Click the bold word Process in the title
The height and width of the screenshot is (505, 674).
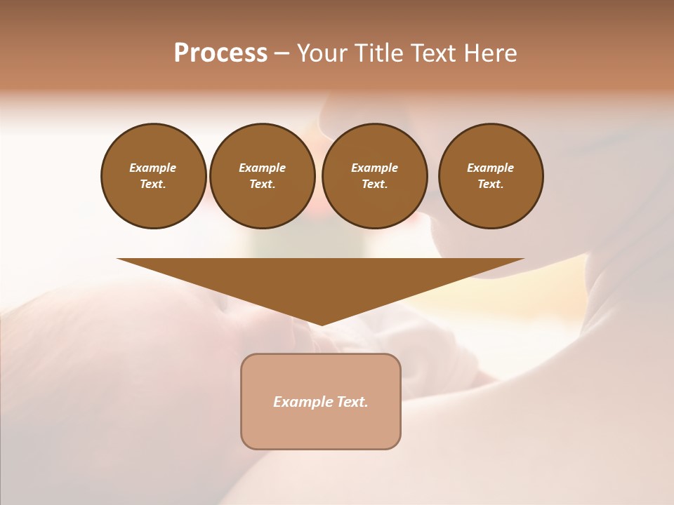tap(220, 53)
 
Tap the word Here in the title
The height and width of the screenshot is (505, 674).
tap(490, 53)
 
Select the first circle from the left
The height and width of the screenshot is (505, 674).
tap(153, 175)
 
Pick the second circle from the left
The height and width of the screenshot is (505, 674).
tap(262, 175)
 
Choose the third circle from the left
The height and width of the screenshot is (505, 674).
tap(374, 175)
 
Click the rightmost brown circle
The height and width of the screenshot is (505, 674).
tap(490, 175)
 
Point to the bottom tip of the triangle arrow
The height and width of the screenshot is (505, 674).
tap(321, 323)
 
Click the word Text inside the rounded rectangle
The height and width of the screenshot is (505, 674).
tap(352, 402)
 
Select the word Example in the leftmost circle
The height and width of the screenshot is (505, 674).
tap(153, 168)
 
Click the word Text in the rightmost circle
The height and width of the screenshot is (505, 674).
tap(490, 184)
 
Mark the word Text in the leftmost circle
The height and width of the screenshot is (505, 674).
tap(153, 184)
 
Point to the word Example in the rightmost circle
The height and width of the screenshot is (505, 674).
tap(490, 168)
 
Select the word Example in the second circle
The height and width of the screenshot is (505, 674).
tap(262, 168)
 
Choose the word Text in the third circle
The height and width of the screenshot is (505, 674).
tap(374, 184)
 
